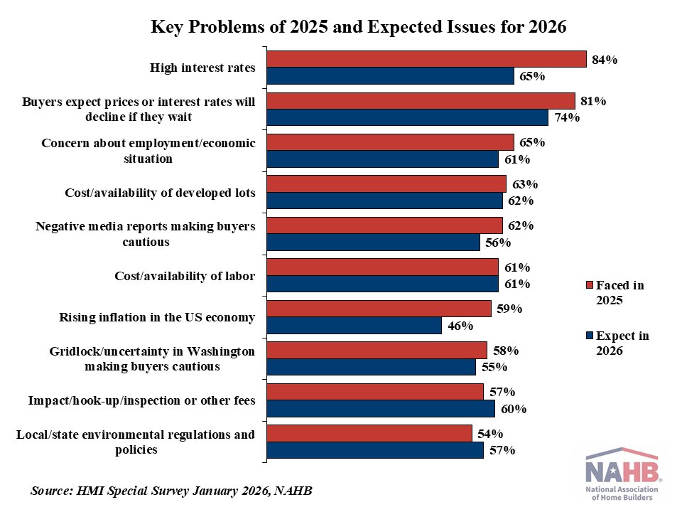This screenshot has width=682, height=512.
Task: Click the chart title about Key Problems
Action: coord(358,27)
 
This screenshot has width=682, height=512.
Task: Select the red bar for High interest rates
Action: coord(426,59)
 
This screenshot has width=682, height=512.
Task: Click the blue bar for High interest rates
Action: coord(390,76)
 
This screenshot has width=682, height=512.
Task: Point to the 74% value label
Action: coord(566,118)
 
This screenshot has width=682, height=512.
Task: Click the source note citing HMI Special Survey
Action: coord(172,491)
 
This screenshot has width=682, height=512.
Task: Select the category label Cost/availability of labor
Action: coord(185,276)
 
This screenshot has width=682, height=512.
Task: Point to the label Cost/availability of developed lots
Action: coord(160,193)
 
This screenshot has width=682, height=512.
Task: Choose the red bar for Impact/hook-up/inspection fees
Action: coord(374,392)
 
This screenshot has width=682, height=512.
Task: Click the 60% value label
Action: coord(513,410)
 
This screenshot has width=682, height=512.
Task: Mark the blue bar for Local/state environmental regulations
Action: coord(374,450)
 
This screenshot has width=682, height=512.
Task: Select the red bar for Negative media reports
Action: coord(384,225)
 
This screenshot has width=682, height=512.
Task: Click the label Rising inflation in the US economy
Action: coord(156,317)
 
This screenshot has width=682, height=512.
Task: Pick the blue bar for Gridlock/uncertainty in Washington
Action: coord(371,367)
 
